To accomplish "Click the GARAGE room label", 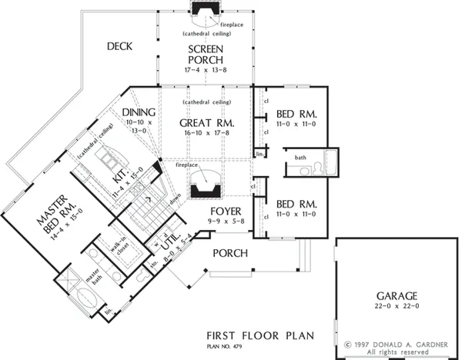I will tap(397, 295).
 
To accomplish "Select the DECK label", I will tap(119, 46).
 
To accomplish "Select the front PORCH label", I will tap(230, 253).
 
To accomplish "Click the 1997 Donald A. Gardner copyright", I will tap(399, 344).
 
